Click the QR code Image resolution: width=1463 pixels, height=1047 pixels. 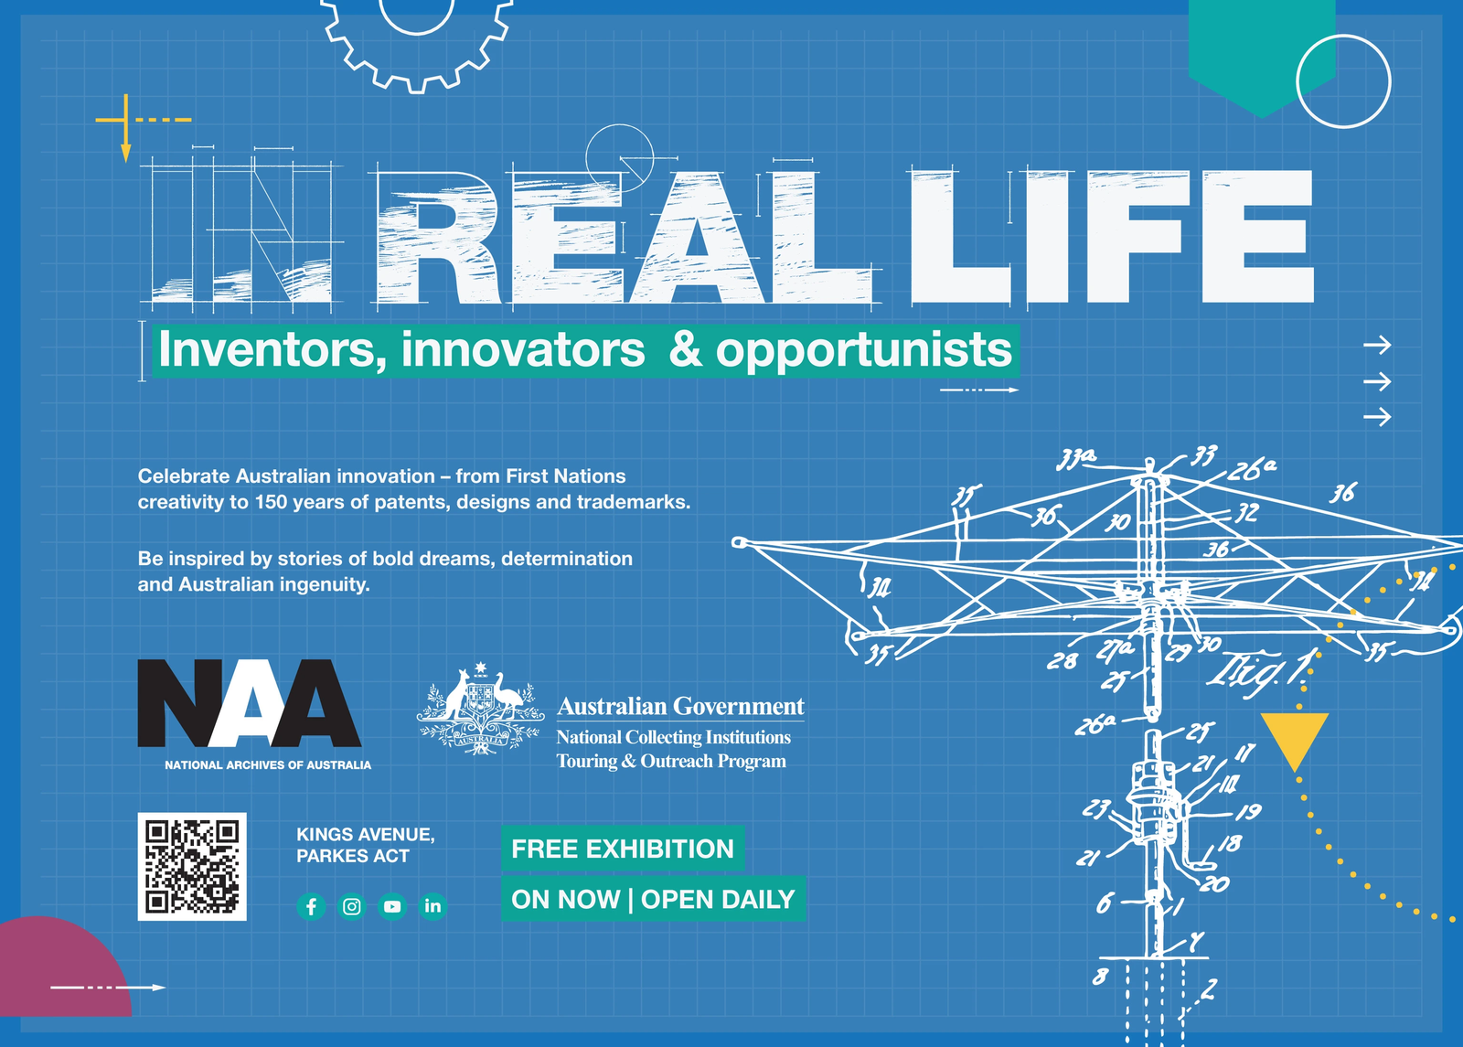[192, 866]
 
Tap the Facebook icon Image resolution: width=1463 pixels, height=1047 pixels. [311, 906]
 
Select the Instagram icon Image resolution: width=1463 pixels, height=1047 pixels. [352, 906]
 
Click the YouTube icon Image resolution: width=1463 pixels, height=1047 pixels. [392, 906]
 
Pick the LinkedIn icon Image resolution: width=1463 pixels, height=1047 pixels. [432, 906]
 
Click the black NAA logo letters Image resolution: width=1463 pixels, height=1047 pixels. [249, 703]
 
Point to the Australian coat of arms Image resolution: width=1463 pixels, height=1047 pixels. [481, 710]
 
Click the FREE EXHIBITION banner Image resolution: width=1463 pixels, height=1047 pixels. [622, 849]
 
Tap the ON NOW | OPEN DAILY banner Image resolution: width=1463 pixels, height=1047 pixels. [653, 899]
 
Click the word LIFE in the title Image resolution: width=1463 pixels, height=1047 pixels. [1111, 237]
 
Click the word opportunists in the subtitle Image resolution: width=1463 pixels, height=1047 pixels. [863, 350]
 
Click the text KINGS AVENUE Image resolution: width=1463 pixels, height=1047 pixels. [365, 834]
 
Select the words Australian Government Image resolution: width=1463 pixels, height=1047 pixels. [680, 706]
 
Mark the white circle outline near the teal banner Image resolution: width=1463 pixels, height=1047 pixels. [1343, 81]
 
